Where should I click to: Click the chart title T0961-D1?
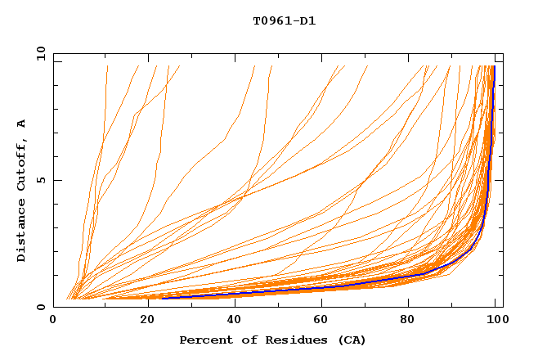[x=284, y=21]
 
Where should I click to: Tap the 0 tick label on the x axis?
[x=53, y=321]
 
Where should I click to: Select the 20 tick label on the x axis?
[x=143, y=321]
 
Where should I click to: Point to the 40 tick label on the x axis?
[x=233, y=321]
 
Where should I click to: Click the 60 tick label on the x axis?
[x=323, y=321]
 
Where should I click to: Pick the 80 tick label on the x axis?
[x=413, y=321]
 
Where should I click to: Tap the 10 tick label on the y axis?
[x=39, y=53]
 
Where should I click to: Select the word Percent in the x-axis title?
[x=204, y=340]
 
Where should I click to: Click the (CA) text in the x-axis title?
[x=350, y=340]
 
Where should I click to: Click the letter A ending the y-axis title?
[x=21, y=124]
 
